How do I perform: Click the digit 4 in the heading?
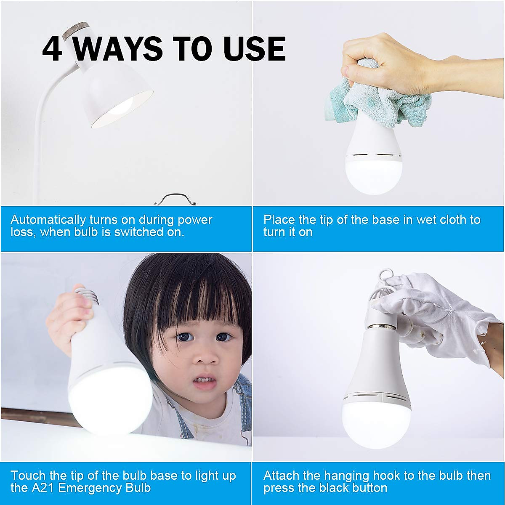(53, 49)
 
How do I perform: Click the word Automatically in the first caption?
(48, 220)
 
